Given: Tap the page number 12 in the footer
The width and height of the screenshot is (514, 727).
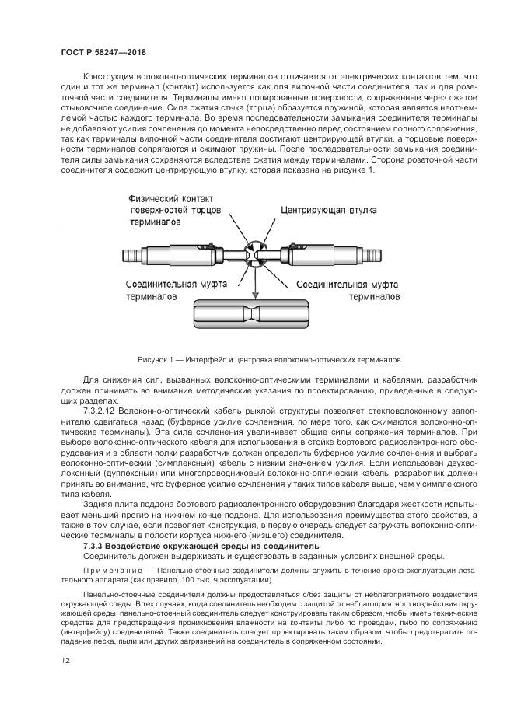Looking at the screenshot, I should click(65, 661).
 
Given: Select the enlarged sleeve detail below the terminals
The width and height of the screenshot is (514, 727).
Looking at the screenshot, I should click(257, 318).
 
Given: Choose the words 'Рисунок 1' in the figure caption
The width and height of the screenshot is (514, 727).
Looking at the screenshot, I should click(157, 361).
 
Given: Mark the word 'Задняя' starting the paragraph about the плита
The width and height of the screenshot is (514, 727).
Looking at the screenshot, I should click(97, 503).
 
